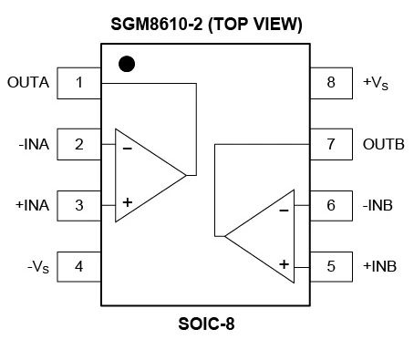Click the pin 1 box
[x=79, y=83]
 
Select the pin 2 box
[x=79, y=143]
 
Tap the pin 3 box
[x=79, y=204]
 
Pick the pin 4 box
[x=79, y=266]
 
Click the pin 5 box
[x=331, y=266]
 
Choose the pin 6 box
[x=331, y=205]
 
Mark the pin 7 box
[x=331, y=144]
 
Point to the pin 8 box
[x=331, y=83]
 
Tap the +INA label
[x=31, y=204]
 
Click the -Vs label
[x=38, y=267]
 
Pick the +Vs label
[x=375, y=83]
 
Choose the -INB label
[x=378, y=205]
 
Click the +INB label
[x=379, y=266]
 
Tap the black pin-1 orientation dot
[x=128, y=64]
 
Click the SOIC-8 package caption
[x=206, y=324]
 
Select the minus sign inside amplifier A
[x=128, y=147]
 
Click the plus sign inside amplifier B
[x=284, y=263]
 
